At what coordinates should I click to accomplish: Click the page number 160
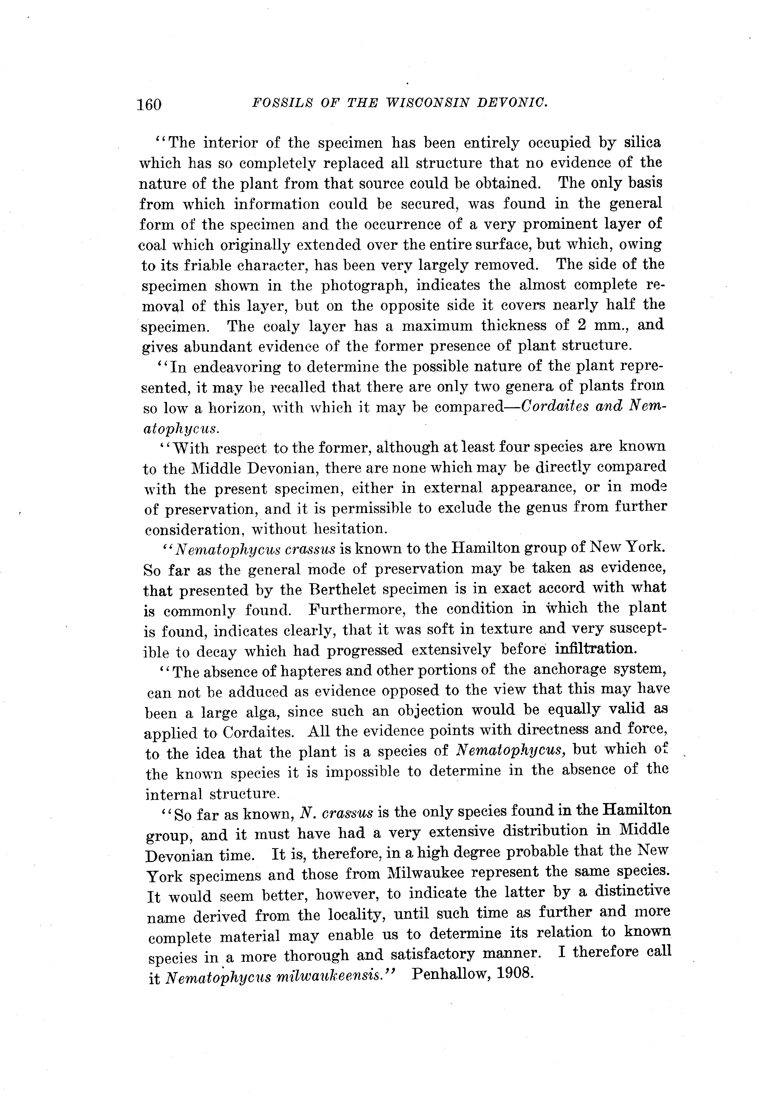(x=149, y=104)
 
